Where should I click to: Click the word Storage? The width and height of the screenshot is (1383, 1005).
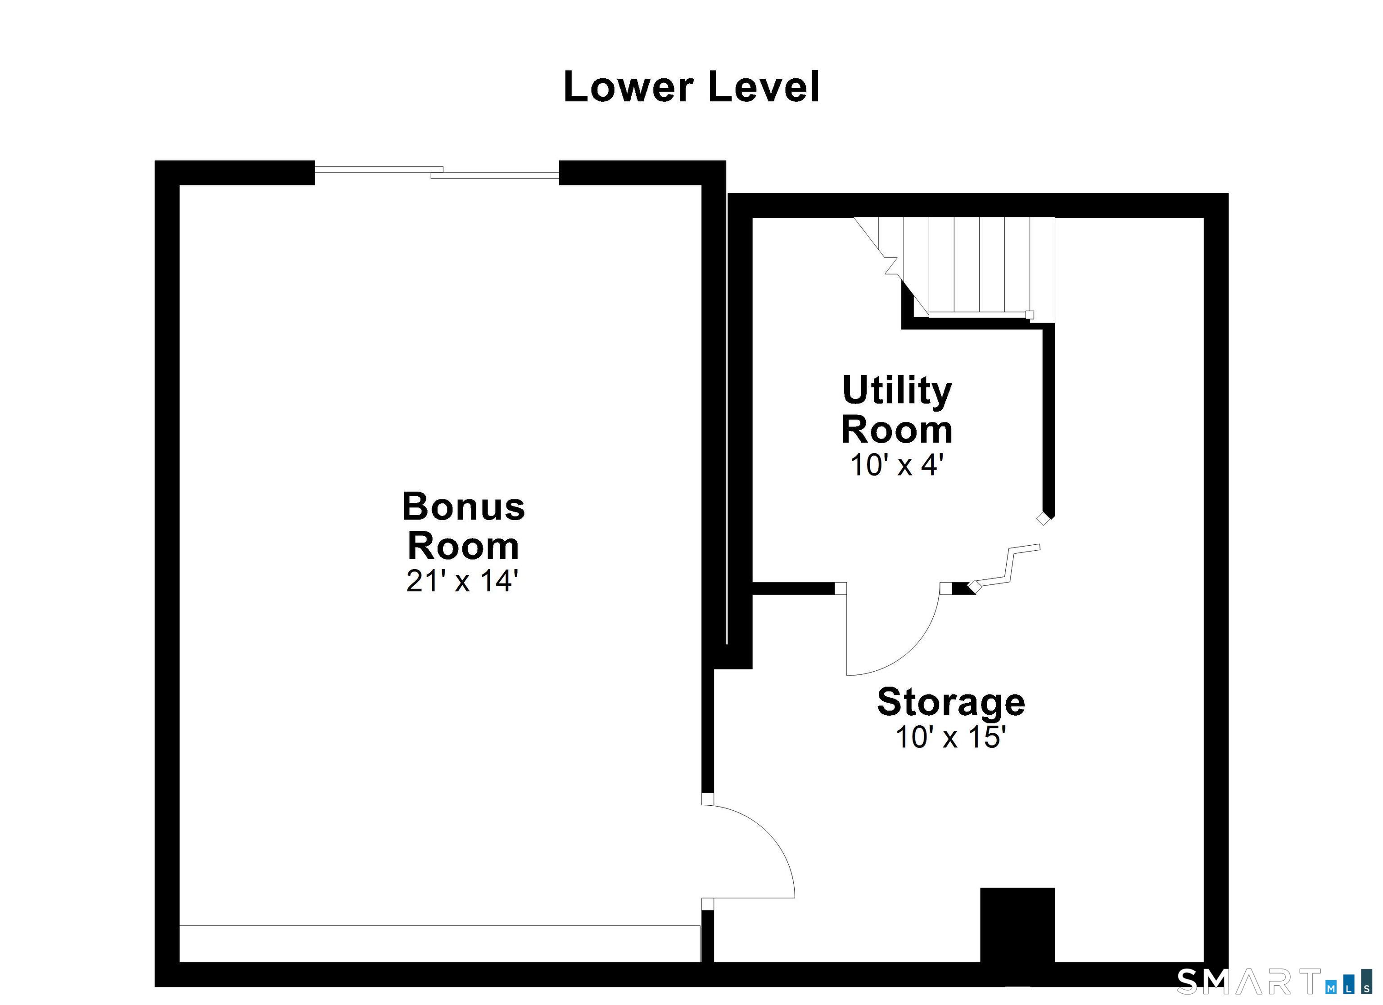tap(951, 703)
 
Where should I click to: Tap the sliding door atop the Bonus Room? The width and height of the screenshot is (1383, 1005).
tap(437, 172)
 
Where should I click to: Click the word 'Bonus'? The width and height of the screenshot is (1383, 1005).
tap(463, 507)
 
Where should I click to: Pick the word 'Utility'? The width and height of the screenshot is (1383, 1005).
tap(897, 391)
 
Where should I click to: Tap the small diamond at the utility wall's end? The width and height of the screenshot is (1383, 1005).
tap(1044, 519)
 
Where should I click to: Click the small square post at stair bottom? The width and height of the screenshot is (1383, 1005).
tap(1030, 315)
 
